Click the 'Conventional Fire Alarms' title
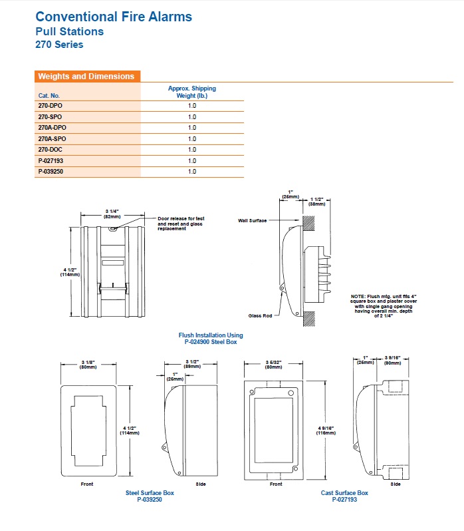pos(113,16)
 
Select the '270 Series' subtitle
pos(59,45)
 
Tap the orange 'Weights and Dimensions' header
pos(86,77)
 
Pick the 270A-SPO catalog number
pos(53,138)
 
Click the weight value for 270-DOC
pos(192,150)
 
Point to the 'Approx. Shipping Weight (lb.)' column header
pos(192,92)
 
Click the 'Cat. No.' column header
pos(49,96)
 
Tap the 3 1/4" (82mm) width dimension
pos(111,214)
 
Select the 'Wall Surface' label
pos(253,220)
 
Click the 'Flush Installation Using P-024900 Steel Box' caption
pos(211,338)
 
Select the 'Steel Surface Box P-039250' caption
pos(150,496)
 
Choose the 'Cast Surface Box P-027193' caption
pos(344,496)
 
